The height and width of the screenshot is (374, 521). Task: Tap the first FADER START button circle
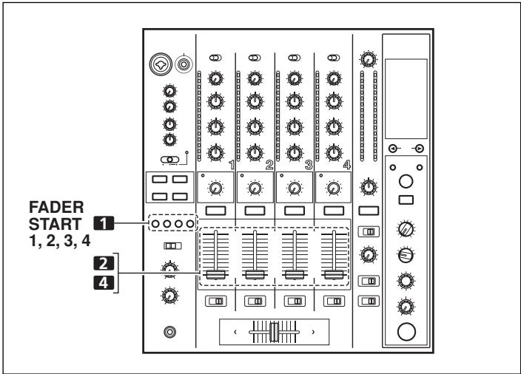click(153, 222)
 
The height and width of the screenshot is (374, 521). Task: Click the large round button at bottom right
click(406, 330)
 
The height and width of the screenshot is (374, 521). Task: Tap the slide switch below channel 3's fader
click(294, 302)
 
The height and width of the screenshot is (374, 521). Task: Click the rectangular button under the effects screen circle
click(406, 200)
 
